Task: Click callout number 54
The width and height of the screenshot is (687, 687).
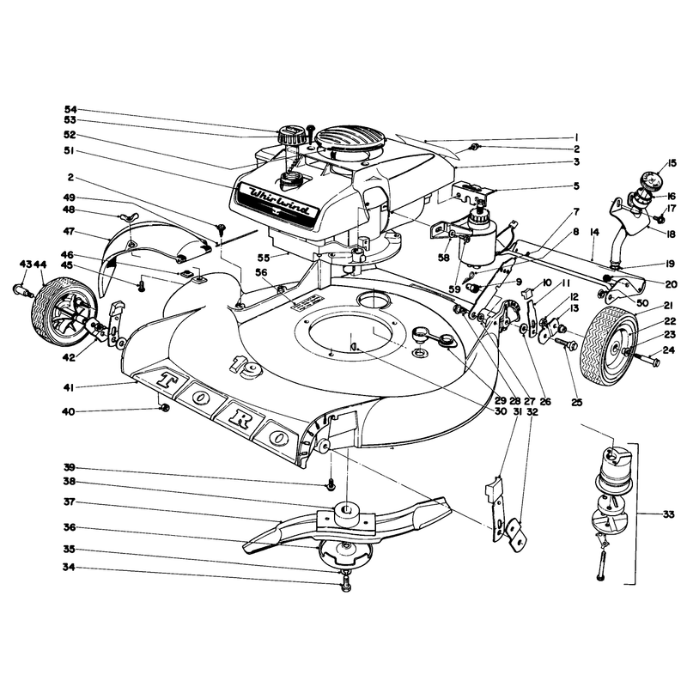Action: click(70, 109)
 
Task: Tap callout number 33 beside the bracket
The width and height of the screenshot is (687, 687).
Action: click(668, 514)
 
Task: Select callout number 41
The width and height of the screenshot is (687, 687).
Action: click(69, 387)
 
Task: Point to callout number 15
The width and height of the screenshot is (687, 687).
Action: click(672, 164)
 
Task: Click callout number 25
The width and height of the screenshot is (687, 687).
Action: click(576, 402)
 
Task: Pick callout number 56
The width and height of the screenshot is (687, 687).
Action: click(261, 272)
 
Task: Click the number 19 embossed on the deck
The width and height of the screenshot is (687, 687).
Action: click(246, 366)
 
